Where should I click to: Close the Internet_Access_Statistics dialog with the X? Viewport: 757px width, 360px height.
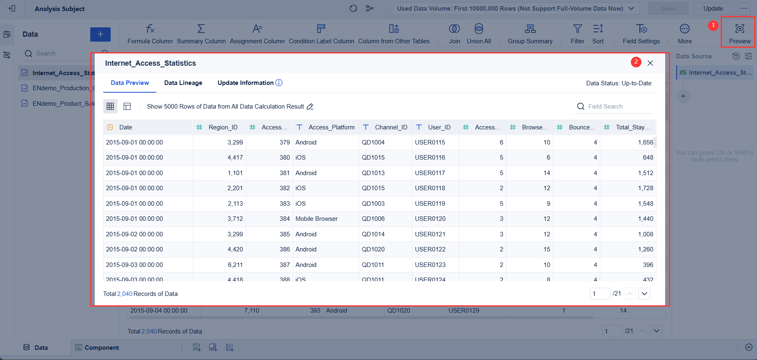point(650,63)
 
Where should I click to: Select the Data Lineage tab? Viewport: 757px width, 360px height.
point(183,83)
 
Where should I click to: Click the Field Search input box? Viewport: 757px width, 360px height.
point(617,107)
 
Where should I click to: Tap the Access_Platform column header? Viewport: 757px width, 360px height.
point(331,127)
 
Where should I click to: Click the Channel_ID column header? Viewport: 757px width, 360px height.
point(391,127)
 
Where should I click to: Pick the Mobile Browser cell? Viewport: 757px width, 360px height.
point(316,219)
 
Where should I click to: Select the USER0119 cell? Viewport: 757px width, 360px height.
point(430,204)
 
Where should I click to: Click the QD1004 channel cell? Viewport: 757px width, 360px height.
point(373,142)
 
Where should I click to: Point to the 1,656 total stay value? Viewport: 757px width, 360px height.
point(645,142)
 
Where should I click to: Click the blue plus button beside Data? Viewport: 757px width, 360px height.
point(100,34)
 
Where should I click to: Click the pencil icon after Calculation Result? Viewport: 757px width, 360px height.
point(310,107)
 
